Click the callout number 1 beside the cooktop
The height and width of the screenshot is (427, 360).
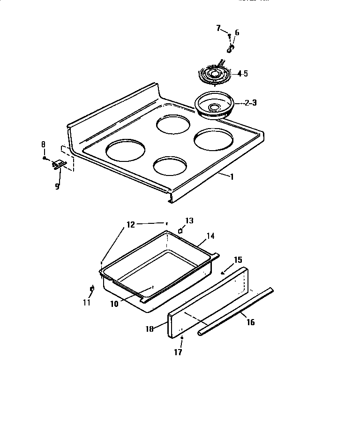pos(231,176)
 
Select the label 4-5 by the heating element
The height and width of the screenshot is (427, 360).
pos(242,74)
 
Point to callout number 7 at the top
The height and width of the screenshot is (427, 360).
pos(218,29)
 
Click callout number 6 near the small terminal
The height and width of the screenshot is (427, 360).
pos(237,32)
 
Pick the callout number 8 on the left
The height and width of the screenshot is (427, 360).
pos(44,145)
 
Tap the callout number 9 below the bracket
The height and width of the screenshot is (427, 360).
pos(57,186)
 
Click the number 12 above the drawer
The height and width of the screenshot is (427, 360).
pos(131,224)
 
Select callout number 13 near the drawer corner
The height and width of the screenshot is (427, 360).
pos(189,221)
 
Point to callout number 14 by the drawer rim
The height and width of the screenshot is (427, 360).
pos(210,236)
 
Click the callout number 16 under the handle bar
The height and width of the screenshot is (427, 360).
pos(251,323)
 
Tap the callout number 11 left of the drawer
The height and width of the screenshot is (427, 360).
pos(87,303)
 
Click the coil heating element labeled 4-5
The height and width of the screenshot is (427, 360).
pos(214,74)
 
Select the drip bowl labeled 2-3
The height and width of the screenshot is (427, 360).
pos(214,106)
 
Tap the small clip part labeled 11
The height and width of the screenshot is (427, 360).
pos(92,289)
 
